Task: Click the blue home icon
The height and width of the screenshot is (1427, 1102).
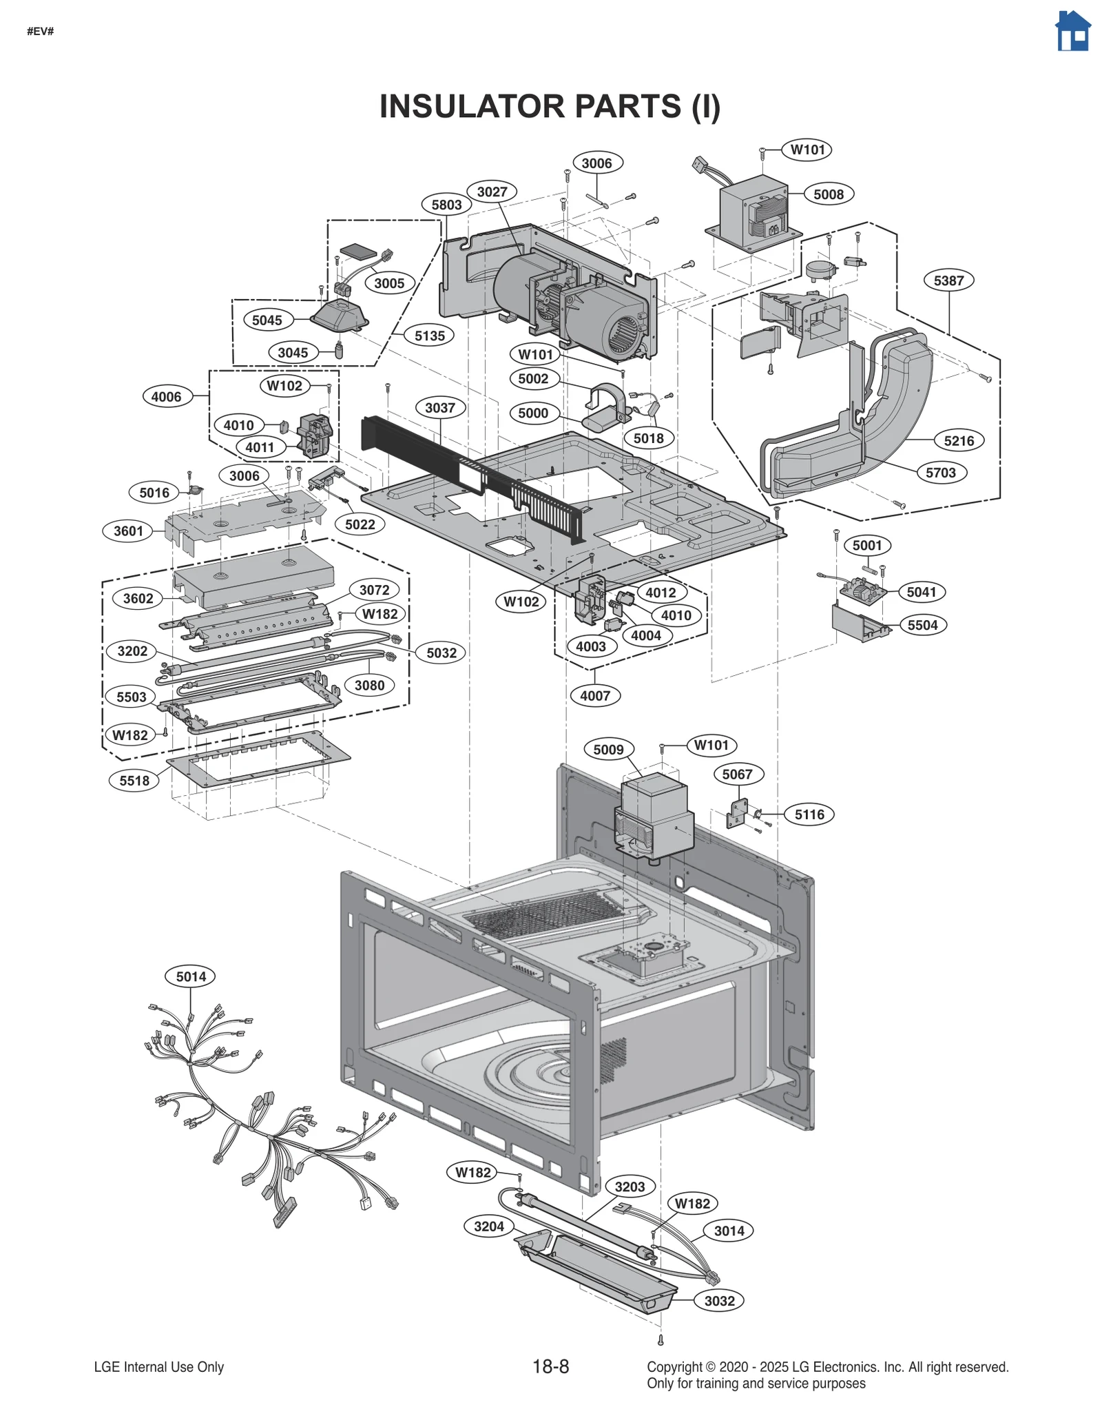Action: [1072, 32]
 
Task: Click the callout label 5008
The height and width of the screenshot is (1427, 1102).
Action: [828, 194]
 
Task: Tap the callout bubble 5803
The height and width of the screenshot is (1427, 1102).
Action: [446, 205]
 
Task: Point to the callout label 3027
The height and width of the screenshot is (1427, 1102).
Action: [492, 192]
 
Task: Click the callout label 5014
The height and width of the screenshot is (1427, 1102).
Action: [191, 976]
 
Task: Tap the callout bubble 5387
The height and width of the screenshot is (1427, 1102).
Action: [948, 280]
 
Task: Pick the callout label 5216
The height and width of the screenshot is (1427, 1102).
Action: [959, 440]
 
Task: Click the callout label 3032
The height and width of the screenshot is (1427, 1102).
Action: [719, 1301]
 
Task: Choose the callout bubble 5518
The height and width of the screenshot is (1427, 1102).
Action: [134, 781]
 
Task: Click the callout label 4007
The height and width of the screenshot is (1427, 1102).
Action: [595, 695]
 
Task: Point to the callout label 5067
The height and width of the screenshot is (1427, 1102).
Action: [737, 774]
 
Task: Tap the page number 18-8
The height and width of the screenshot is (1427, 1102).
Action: [550, 1366]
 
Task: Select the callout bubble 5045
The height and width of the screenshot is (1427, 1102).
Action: [267, 320]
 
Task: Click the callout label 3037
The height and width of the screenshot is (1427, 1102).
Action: [439, 407]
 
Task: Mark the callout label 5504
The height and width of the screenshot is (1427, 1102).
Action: [922, 625]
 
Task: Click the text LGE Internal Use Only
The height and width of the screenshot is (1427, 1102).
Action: [159, 1367]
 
